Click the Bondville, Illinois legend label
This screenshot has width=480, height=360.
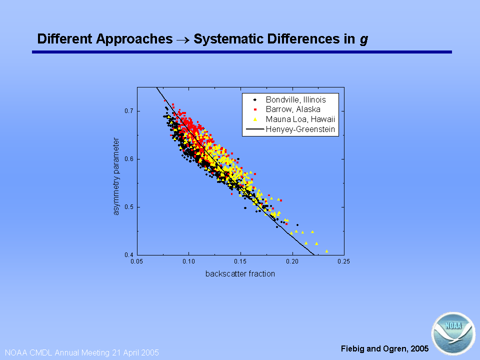point(295,100)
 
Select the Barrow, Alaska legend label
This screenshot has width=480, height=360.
point(293,109)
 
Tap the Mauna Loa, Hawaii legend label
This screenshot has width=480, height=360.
point(300,119)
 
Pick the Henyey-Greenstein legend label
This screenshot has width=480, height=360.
point(300,129)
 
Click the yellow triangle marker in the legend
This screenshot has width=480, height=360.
point(255,119)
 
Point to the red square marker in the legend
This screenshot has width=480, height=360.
point(255,109)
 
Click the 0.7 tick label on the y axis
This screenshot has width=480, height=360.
point(128,111)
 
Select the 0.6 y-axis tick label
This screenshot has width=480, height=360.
point(128,159)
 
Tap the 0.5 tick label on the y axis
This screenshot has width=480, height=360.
point(128,207)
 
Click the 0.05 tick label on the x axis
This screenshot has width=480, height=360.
point(136,261)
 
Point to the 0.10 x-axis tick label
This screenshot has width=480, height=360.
point(188,261)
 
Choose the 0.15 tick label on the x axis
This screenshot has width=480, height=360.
point(240,261)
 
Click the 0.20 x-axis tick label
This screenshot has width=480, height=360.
point(292,261)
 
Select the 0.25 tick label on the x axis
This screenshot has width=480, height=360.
point(344,261)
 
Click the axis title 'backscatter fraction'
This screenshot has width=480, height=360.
point(240,273)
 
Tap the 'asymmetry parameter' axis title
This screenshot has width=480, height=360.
point(116,176)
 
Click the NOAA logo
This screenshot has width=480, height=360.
point(453,333)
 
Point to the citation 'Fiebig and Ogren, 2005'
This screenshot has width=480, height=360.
point(385,348)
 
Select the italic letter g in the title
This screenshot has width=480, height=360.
point(363,40)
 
